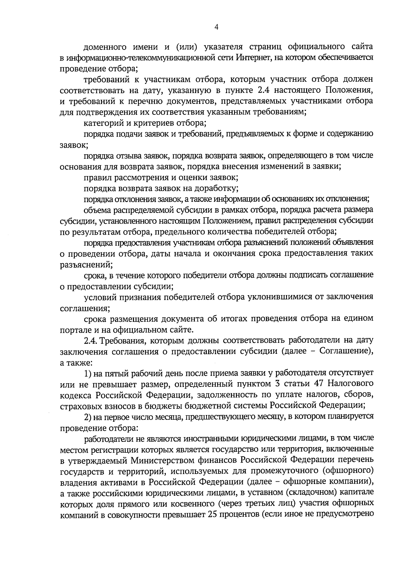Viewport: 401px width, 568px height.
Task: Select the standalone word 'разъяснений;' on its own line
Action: tap(86, 264)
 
